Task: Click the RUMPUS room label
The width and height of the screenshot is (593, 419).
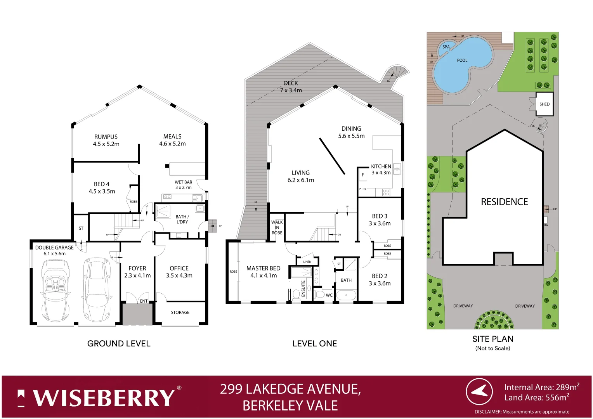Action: click(x=106, y=140)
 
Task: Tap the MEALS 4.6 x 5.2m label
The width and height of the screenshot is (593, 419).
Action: click(x=172, y=140)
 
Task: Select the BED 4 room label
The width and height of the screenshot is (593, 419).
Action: click(x=102, y=188)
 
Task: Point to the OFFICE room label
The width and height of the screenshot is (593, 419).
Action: click(x=179, y=272)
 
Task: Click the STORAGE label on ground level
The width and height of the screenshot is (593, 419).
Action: click(x=180, y=312)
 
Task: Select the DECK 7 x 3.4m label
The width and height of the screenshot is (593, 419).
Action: click(x=291, y=87)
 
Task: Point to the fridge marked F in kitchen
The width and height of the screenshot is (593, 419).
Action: click(x=363, y=175)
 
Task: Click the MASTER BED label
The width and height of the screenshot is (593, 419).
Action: click(x=263, y=272)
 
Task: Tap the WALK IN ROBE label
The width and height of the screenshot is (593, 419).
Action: click(x=277, y=227)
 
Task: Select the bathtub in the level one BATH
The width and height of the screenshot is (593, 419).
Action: click(x=346, y=296)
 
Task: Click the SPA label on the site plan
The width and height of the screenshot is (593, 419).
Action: click(x=446, y=47)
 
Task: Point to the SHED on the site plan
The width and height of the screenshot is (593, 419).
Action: click(x=544, y=104)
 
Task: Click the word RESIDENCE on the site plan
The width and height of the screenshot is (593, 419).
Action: click(x=504, y=202)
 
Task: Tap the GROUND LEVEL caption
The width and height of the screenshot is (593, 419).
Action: click(x=119, y=343)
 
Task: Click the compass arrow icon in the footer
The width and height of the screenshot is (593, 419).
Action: click(x=479, y=392)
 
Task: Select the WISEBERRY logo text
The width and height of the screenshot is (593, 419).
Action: click(x=104, y=398)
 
